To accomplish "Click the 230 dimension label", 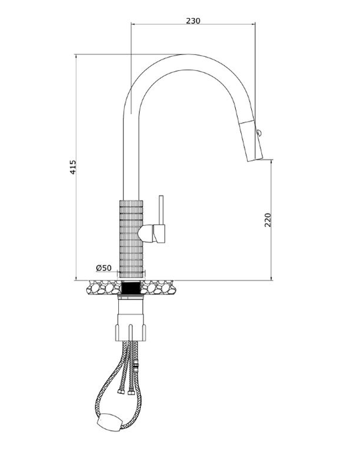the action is tap(193, 21).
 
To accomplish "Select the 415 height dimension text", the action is tap(73, 167).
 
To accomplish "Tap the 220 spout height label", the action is tap(268, 220).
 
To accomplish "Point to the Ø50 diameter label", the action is tap(104, 268).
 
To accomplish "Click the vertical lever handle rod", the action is tap(161, 210).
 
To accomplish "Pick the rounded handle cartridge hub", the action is tap(146, 234).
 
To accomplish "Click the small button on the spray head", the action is tap(258, 133).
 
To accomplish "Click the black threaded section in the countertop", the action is tap(131, 288).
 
